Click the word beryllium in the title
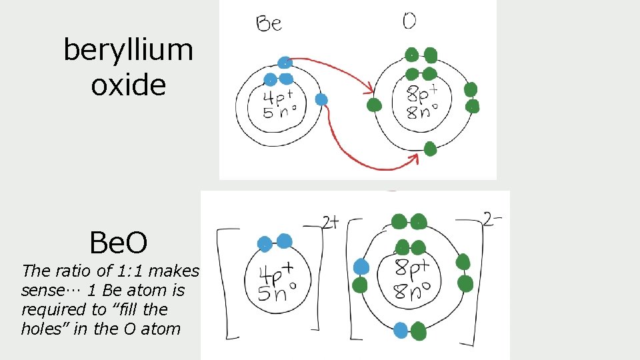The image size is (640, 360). point(128,50)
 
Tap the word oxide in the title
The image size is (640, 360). point(128,85)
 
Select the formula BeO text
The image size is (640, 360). point(119,244)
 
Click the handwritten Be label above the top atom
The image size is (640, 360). point(269,24)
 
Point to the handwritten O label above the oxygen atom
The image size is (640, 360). point(409,21)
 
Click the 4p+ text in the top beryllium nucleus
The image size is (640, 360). point(275,97)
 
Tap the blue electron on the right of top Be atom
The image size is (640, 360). point(321,99)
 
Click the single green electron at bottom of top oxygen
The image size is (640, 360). point(430,148)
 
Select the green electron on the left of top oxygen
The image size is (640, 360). point(374,105)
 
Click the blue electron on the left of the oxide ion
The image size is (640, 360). point(361,267)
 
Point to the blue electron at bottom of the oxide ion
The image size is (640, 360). point(401,329)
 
